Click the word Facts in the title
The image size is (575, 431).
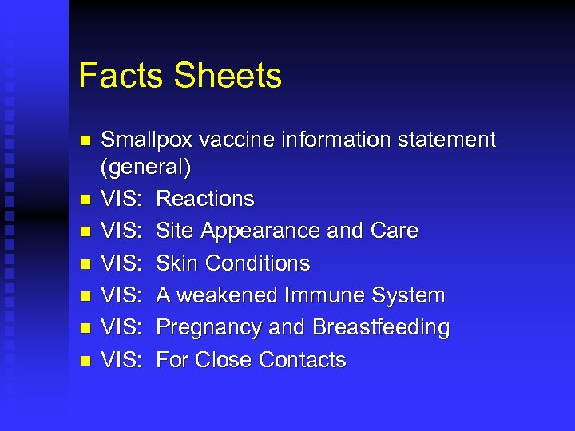[x=121, y=76]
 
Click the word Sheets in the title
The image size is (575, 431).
[x=228, y=76]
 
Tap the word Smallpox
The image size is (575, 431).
[x=147, y=140]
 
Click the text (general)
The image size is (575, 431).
[x=146, y=168]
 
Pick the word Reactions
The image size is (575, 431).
[x=205, y=199]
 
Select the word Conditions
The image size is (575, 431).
[x=258, y=263]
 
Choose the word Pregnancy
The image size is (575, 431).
[x=206, y=328]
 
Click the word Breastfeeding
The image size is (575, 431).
[x=381, y=328]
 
